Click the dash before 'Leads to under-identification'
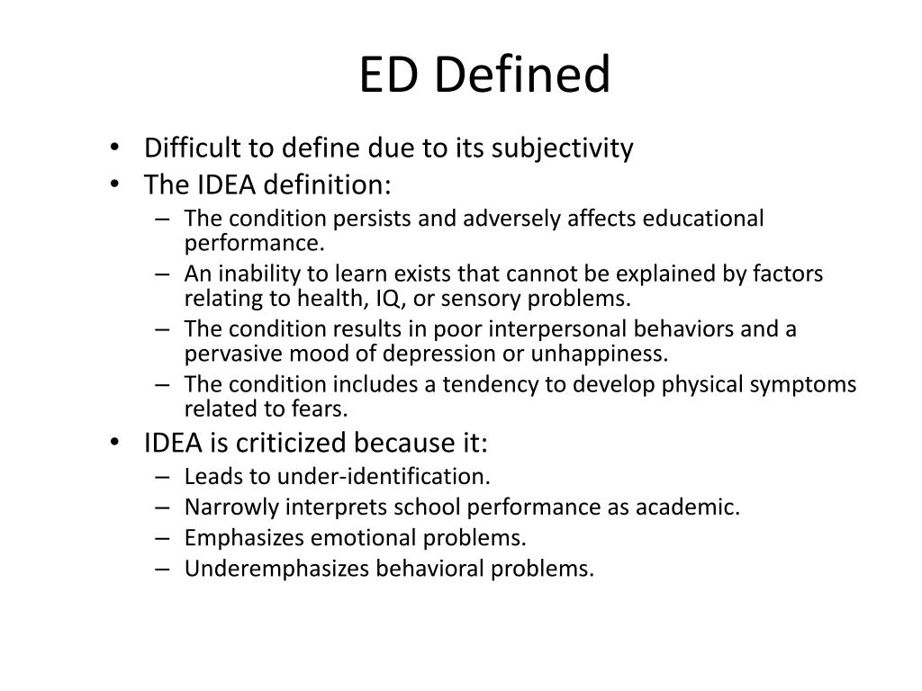(164, 477)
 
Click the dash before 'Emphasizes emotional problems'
(164, 538)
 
